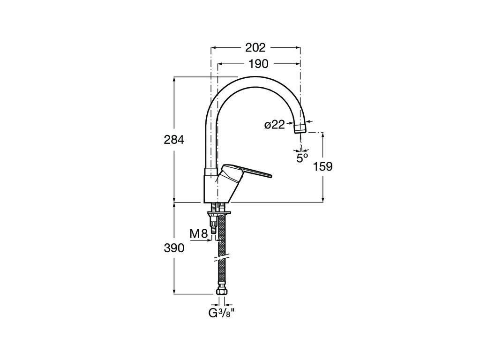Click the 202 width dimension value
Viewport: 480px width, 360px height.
pyautogui.click(x=255, y=47)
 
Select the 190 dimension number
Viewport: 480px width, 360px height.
pyautogui.click(x=258, y=64)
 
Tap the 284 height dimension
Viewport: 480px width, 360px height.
pyautogui.click(x=174, y=140)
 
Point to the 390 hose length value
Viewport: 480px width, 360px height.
pyautogui.click(x=174, y=248)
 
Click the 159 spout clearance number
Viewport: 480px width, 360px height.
pyautogui.click(x=322, y=166)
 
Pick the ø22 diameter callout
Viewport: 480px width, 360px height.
pyautogui.click(x=275, y=125)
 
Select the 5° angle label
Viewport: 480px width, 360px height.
pyautogui.click(x=302, y=158)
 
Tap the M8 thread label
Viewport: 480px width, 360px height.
pyautogui.click(x=199, y=234)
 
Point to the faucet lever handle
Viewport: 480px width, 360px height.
pyautogui.click(x=245, y=173)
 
